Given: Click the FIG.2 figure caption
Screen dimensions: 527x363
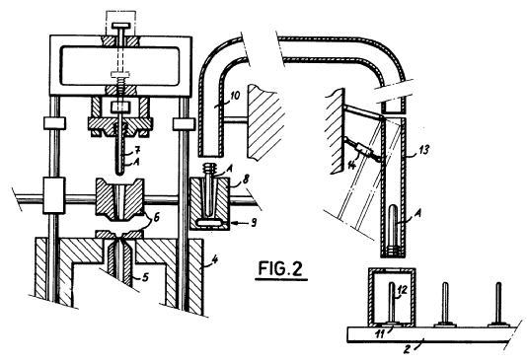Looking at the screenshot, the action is (280, 268).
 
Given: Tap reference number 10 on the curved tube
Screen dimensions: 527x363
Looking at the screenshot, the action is (235, 96).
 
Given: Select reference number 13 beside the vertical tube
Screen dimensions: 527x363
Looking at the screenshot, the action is (423, 149).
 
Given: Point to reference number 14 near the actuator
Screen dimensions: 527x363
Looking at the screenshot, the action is (351, 165).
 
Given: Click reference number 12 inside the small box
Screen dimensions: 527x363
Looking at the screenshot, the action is (402, 289).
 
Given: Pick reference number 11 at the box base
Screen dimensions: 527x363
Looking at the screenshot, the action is (380, 333).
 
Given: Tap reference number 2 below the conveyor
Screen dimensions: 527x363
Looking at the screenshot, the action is (407, 349).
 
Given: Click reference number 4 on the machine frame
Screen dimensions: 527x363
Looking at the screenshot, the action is (215, 259).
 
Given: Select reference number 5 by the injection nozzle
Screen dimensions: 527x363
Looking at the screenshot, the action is (145, 277).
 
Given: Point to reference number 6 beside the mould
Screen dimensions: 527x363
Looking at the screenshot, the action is (156, 217).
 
